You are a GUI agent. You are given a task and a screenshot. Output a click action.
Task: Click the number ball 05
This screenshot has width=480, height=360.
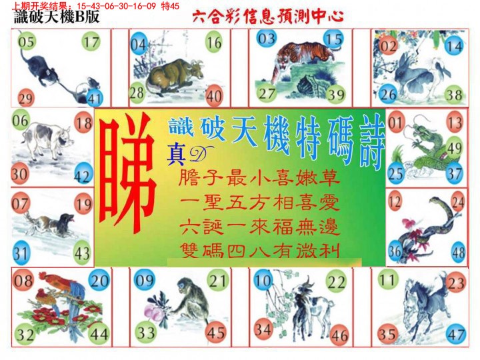[26, 41]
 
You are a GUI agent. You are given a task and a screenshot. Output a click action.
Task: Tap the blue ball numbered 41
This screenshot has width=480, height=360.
[94, 98]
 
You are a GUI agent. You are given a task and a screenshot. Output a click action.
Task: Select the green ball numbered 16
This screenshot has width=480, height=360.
[214, 43]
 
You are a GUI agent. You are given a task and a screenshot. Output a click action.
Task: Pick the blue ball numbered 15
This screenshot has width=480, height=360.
[333, 39]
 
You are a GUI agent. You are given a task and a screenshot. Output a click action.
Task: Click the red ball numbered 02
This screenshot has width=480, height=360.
[389, 46]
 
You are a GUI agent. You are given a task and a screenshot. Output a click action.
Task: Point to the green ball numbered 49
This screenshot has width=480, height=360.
[455, 148]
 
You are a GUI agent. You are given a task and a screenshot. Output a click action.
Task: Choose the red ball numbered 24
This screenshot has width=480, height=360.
[458, 202]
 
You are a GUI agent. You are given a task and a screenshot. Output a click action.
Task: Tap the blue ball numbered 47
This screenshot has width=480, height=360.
[456, 334]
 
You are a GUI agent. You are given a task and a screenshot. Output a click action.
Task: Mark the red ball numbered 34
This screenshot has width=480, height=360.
[263, 329]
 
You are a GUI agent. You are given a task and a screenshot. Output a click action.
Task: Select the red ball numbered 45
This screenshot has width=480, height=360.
[215, 333]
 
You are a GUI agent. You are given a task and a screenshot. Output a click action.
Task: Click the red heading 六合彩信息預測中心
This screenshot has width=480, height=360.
[268, 17]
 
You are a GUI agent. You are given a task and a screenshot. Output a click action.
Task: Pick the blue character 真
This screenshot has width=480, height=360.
[176, 155]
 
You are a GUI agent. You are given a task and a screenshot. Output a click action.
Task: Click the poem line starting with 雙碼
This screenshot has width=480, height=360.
[260, 251]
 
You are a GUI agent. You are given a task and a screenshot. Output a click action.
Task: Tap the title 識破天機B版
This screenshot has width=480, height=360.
[57, 17]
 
